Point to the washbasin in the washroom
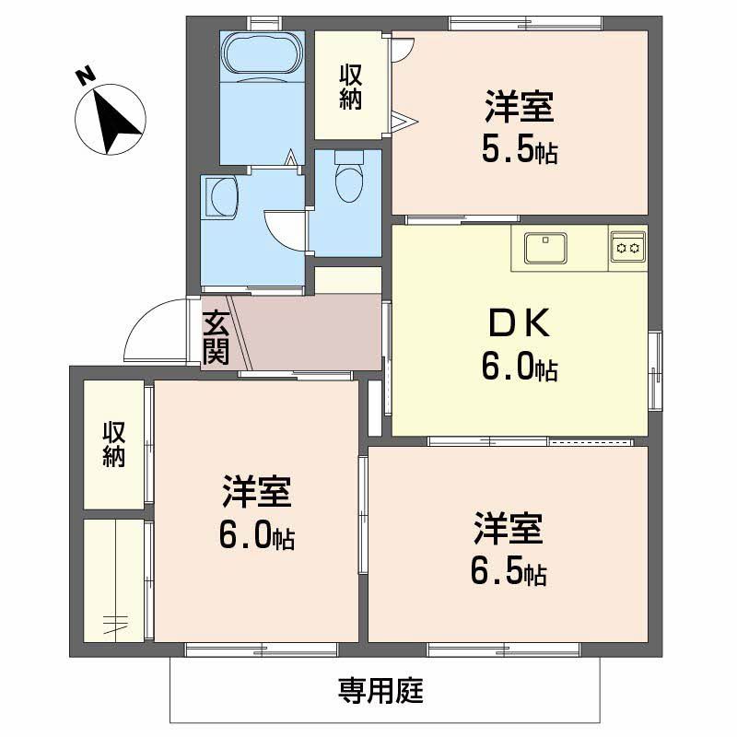(221, 195)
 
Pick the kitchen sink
(545, 248)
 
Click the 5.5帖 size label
(520, 150)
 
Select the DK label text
(520, 324)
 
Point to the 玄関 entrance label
(216, 337)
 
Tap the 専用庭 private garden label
(380, 689)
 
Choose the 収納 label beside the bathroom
(350, 86)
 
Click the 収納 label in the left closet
(113, 444)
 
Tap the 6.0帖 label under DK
(518, 368)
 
